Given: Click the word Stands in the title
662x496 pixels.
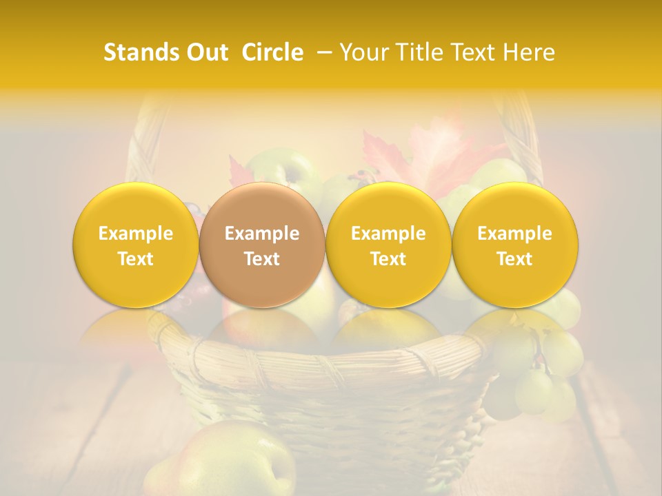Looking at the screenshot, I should pos(137,52).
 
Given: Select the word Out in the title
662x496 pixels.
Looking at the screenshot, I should pos(205,52).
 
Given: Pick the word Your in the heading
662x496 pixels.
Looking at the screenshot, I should pos(363,52).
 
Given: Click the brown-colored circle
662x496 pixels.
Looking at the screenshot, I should pos(262,245).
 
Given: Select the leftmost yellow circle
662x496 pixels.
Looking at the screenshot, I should pos(135,245).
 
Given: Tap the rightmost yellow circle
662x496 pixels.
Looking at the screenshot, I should pos(514,245).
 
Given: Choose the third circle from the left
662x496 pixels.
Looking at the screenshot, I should pos(388,245).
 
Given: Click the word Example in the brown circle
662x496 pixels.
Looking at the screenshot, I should pos(262,234).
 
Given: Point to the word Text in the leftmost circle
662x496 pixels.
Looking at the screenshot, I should pos(135,259).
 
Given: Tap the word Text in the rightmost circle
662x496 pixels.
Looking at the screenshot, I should pos(514,259).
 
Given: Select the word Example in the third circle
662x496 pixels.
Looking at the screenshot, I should pos(388,234).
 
